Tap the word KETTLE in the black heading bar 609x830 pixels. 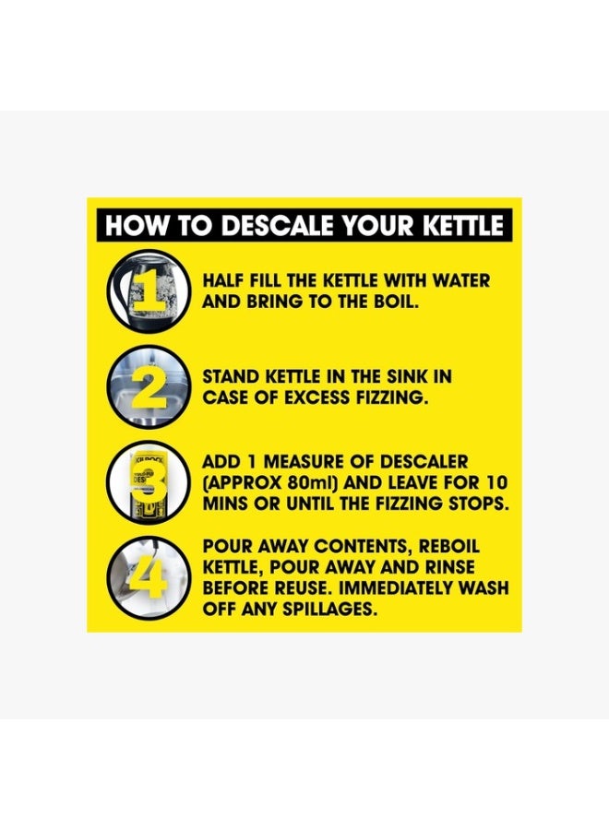[462, 226]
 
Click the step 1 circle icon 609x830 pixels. [149, 291]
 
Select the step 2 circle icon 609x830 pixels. [149, 387]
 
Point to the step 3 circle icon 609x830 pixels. [149, 482]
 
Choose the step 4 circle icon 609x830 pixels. [149, 577]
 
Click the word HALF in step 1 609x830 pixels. [223, 280]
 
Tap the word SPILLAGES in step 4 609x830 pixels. [330, 610]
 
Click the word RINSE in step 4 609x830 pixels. [450, 567]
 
